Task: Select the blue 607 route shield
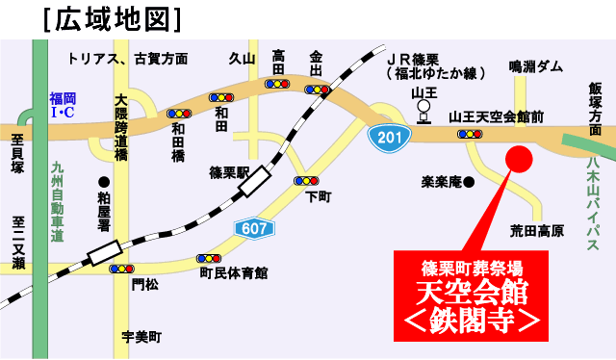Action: point(254,228)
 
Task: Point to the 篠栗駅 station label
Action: point(230,173)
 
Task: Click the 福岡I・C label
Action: point(64,106)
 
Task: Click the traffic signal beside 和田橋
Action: point(179,113)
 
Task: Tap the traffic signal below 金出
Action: point(317,90)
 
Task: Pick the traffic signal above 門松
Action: point(121,269)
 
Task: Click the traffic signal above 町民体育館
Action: point(208,258)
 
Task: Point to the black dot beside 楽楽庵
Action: point(470,181)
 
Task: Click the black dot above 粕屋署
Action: point(104,181)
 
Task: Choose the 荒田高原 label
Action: point(536,231)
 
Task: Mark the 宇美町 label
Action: point(141,337)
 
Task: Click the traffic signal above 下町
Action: point(306,181)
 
